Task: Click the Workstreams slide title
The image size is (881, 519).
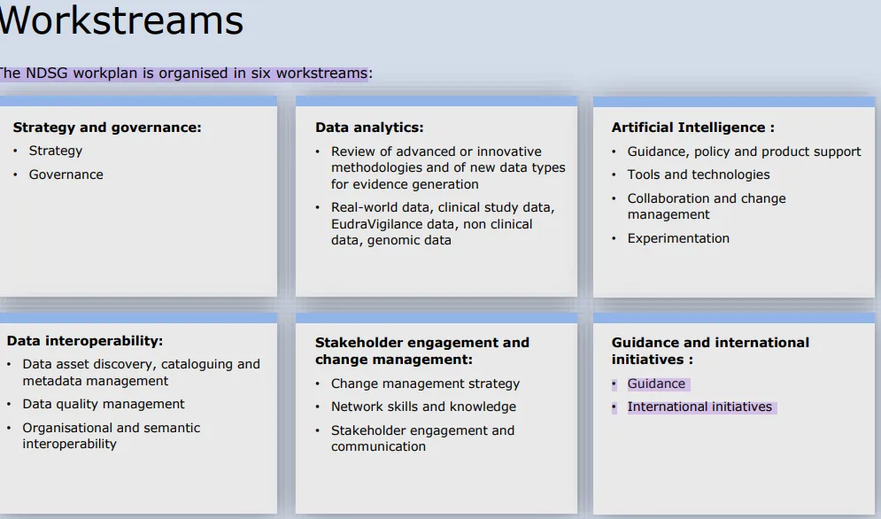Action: (x=121, y=20)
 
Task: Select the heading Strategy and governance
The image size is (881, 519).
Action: (x=107, y=128)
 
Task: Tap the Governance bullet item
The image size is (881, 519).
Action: (x=66, y=174)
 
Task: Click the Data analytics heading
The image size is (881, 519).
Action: (x=369, y=128)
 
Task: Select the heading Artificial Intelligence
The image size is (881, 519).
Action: (x=692, y=128)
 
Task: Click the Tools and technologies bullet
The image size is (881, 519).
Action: (x=699, y=174)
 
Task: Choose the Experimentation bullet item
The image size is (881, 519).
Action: (x=678, y=238)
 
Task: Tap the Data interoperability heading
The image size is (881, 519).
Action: (x=85, y=341)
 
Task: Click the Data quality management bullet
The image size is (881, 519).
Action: (x=104, y=404)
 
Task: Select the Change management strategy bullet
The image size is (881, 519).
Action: (x=425, y=383)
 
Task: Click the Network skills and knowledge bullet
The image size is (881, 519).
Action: (x=423, y=407)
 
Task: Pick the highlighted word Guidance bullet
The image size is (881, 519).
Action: (x=656, y=383)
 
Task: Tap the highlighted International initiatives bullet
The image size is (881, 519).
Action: (x=699, y=407)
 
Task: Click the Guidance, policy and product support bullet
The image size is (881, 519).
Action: (x=744, y=151)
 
